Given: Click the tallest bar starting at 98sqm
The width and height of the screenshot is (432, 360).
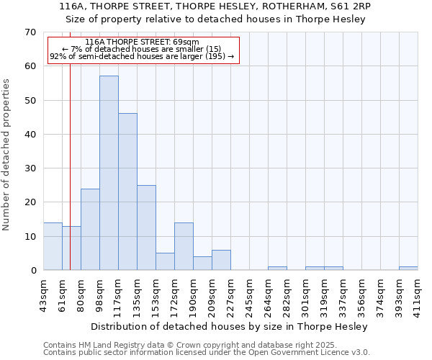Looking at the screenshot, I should click(x=109, y=173).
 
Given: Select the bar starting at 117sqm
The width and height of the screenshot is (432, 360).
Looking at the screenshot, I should click(x=127, y=192).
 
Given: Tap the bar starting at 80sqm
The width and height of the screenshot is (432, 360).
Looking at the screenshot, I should click(x=90, y=229).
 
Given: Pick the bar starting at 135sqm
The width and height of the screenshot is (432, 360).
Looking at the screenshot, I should click(x=146, y=228).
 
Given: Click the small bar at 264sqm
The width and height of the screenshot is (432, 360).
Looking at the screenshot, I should click(x=277, y=269).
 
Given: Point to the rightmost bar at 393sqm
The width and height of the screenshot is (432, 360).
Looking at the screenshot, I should click(x=408, y=269).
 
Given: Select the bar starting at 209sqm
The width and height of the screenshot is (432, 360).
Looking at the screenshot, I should click(x=221, y=260).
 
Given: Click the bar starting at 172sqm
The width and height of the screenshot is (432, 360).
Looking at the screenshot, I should click(x=184, y=246).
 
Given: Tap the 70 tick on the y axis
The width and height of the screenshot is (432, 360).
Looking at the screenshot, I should click(x=30, y=32).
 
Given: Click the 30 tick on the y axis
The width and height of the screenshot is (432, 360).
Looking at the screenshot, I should click(x=30, y=168).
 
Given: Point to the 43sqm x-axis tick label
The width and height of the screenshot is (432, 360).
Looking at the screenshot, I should click(x=42, y=292).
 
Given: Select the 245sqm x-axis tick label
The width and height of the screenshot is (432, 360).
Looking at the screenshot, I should click(x=248, y=292).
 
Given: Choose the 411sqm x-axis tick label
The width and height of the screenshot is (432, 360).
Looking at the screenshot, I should click(x=417, y=292).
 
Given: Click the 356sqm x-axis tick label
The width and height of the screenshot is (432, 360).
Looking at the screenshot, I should click(x=361, y=292).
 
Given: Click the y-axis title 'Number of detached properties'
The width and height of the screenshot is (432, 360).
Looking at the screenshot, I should click(x=7, y=155).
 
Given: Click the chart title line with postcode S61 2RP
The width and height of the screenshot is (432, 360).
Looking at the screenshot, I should click(x=216, y=6).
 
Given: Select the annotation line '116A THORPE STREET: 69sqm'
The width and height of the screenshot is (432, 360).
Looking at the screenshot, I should click(x=143, y=42).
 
